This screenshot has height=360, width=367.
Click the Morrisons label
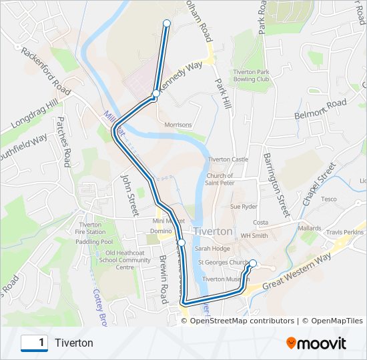[x=177, y=125]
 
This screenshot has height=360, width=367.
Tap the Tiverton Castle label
[x=228, y=159]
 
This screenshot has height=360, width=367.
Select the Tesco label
[x=329, y=199]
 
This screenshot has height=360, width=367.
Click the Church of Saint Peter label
[x=220, y=179]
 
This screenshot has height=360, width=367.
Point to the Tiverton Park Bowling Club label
[x=251, y=75]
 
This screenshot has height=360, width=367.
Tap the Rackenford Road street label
[x=45, y=69]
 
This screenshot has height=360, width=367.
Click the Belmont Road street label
[x=320, y=110]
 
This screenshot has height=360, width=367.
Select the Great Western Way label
[x=296, y=271]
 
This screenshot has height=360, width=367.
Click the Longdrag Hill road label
[x=35, y=117]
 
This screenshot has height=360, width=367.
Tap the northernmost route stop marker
[x=167, y=23]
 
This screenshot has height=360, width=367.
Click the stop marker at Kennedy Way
[x=155, y=94]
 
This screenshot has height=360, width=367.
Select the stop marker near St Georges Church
[x=253, y=263]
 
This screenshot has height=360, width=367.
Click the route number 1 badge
[x=34, y=343]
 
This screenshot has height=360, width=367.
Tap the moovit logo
[x=316, y=343]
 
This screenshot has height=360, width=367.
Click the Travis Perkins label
[x=346, y=232]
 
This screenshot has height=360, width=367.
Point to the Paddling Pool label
[x=94, y=242]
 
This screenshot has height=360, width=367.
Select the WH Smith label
[x=254, y=235]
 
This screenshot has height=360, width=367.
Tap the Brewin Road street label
[x=162, y=279]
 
